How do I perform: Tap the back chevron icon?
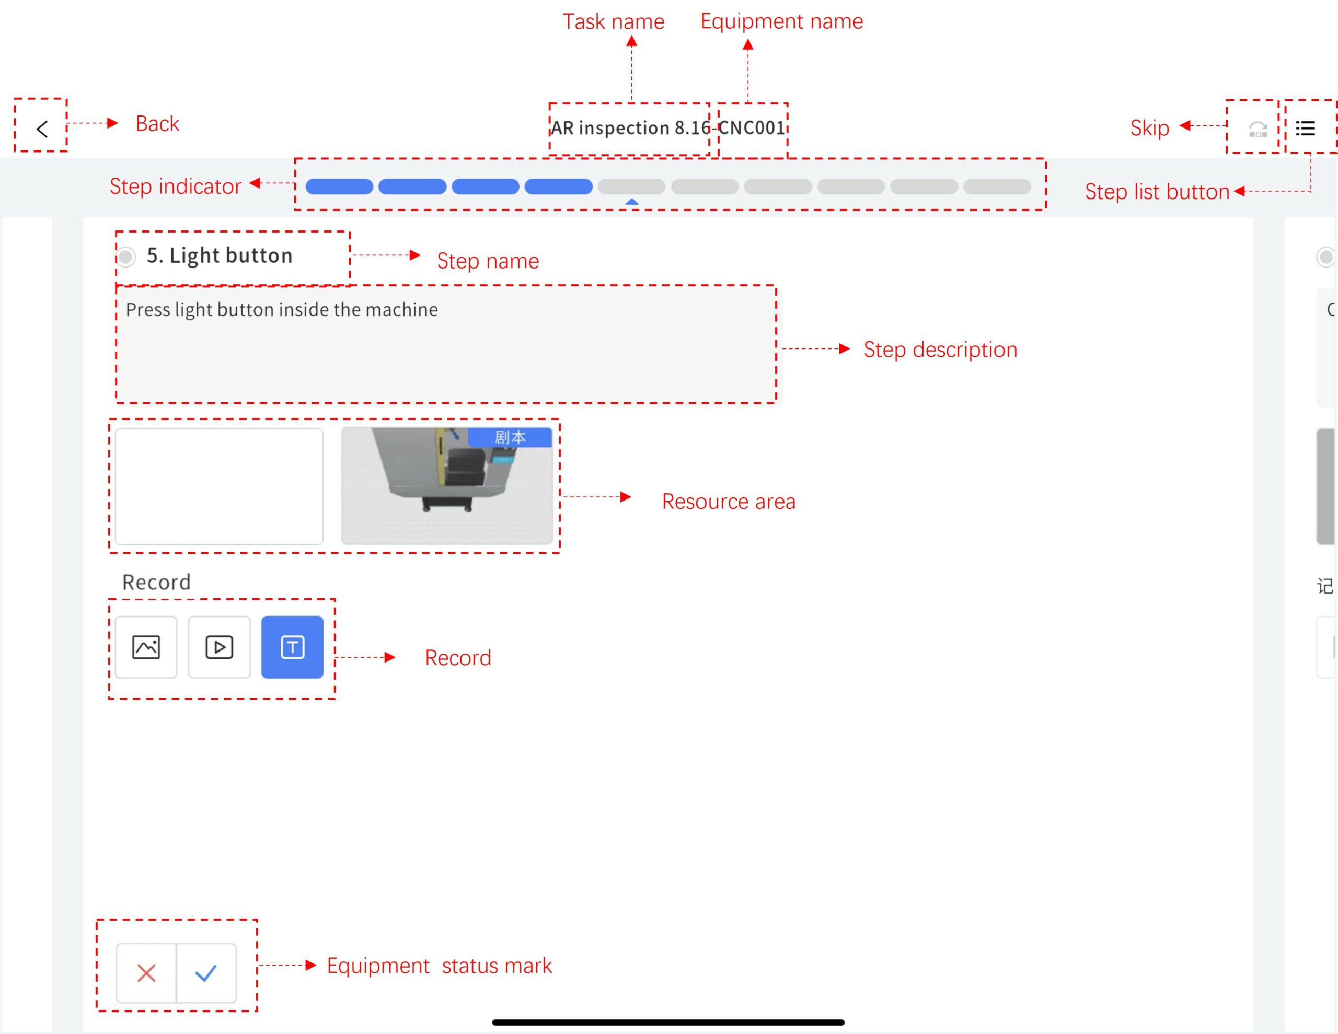(42, 129)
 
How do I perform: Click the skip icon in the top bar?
(1258, 129)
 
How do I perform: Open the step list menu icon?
(1305, 128)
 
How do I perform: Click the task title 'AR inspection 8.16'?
(629, 128)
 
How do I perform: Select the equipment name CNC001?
(752, 128)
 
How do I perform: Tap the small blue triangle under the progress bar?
(631, 202)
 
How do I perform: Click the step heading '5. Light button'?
(220, 255)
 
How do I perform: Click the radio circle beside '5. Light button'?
(126, 257)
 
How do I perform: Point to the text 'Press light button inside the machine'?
(282, 310)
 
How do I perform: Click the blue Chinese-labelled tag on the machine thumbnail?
(510, 437)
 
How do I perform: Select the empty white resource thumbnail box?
(218, 486)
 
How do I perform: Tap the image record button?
(146, 647)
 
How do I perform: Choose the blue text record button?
(292, 647)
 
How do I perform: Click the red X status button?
(146, 973)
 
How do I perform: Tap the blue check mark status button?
(206, 973)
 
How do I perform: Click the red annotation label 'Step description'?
(940, 350)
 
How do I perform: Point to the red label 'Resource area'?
(729, 502)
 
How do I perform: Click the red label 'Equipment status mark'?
(439, 966)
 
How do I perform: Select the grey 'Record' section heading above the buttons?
(157, 582)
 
